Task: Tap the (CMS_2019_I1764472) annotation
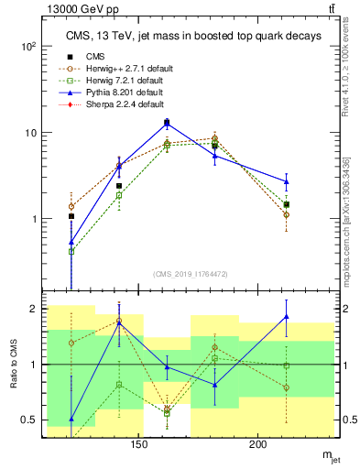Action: tap(190, 273)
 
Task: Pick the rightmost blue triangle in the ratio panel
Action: tap(287, 317)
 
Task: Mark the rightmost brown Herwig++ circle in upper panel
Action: tap(287, 215)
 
